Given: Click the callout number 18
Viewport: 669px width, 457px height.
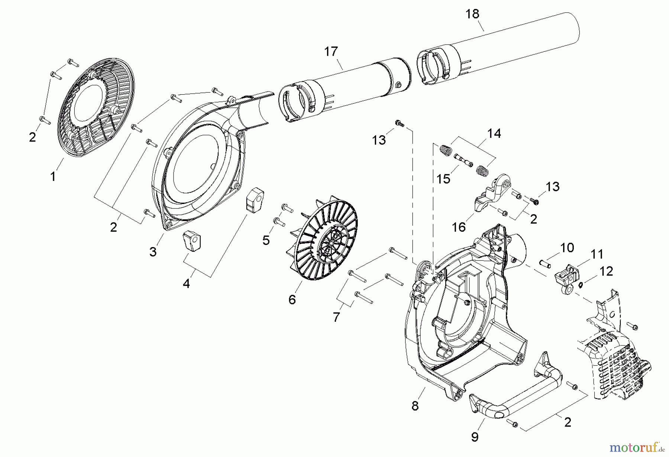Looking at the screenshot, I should click(472, 14).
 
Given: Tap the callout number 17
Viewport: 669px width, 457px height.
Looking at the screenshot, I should click(331, 51).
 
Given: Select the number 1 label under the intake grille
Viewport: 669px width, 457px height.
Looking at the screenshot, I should click(53, 176).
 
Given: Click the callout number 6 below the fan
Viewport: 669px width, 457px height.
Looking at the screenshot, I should click(292, 299).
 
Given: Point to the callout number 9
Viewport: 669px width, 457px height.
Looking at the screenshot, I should click(475, 437).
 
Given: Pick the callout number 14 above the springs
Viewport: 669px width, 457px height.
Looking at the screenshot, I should click(494, 133).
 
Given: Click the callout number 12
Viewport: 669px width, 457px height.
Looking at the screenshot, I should click(606, 271).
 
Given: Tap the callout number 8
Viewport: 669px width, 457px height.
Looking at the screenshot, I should click(415, 406).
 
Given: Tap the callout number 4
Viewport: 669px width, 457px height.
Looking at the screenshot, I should click(186, 283).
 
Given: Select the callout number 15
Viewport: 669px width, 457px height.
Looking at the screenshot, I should click(443, 179).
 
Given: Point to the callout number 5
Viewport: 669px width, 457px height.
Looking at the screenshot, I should click(266, 240).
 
